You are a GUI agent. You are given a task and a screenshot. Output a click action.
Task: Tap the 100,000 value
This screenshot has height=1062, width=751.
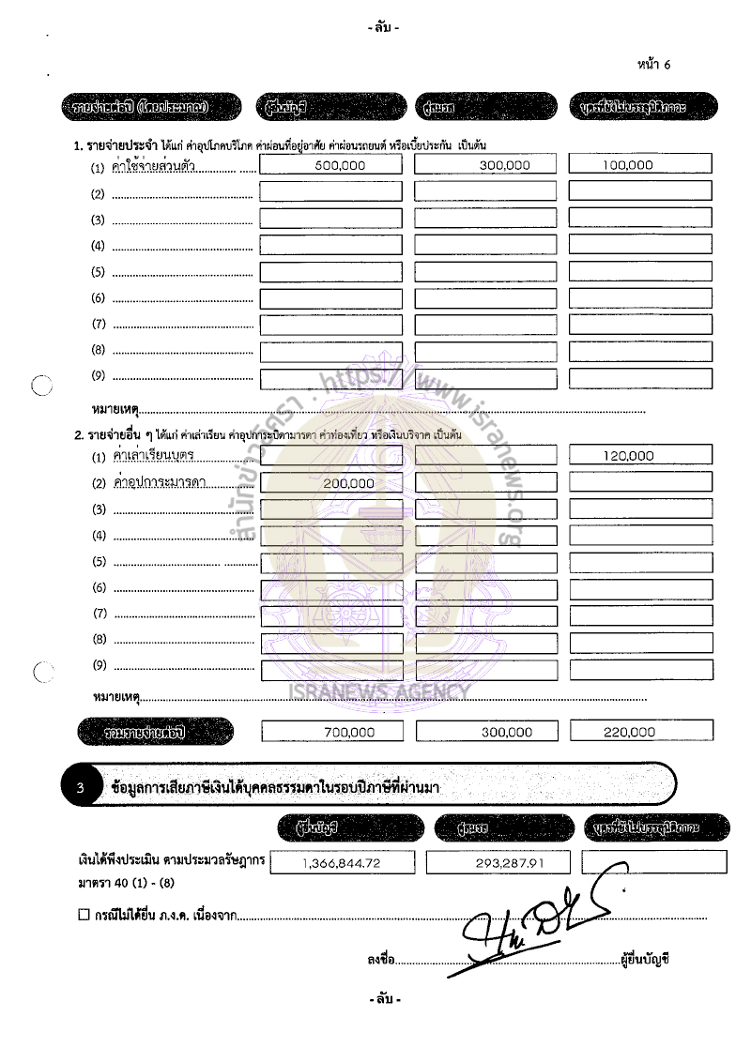[628, 164]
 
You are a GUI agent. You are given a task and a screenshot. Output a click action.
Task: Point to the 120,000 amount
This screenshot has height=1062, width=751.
[628, 456]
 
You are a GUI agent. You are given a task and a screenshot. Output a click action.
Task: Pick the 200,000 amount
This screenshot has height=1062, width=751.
[347, 483]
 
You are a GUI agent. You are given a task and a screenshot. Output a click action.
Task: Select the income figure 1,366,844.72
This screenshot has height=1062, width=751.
[346, 863]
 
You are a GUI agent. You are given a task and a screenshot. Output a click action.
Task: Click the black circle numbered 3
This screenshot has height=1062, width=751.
[81, 788]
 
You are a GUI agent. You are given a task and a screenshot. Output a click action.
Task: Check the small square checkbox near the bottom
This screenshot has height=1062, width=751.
[84, 915]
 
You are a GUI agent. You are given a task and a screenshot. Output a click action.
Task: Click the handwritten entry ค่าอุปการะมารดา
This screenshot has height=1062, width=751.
[159, 483]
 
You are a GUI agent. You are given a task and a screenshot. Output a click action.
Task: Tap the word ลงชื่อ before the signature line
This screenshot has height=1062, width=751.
[380, 960]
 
